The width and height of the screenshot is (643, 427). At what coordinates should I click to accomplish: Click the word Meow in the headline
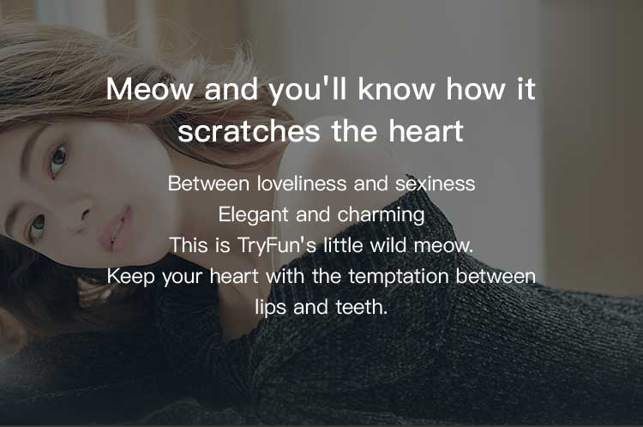click(x=149, y=89)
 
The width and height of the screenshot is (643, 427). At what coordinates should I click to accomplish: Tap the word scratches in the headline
click(x=249, y=131)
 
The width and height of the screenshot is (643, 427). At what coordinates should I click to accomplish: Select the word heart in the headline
click(x=426, y=131)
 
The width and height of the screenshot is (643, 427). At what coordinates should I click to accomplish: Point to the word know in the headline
click(x=396, y=89)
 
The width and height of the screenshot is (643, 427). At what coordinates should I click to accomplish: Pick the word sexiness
click(x=435, y=183)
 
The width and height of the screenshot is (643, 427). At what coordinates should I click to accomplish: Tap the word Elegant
click(x=254, y=214)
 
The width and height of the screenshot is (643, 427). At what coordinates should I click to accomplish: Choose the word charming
click(x=381, y=214)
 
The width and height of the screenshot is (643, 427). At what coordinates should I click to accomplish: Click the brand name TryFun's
click(x=277, y=245)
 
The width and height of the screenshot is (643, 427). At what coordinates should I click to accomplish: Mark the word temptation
click(x=399, y=276)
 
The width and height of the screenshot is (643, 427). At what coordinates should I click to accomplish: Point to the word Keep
click(x=131, y=276)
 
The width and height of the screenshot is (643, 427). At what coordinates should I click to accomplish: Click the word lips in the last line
click(x=271, y=307)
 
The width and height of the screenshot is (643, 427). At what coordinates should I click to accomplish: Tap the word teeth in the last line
click(x=361, y=307)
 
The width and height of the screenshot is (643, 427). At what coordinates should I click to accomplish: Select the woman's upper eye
click(x=57, y=159)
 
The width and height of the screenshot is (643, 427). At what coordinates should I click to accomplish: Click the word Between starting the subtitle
click(x=208, y=183)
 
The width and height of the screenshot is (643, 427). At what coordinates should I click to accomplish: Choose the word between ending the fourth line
click(x=496, y=276)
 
